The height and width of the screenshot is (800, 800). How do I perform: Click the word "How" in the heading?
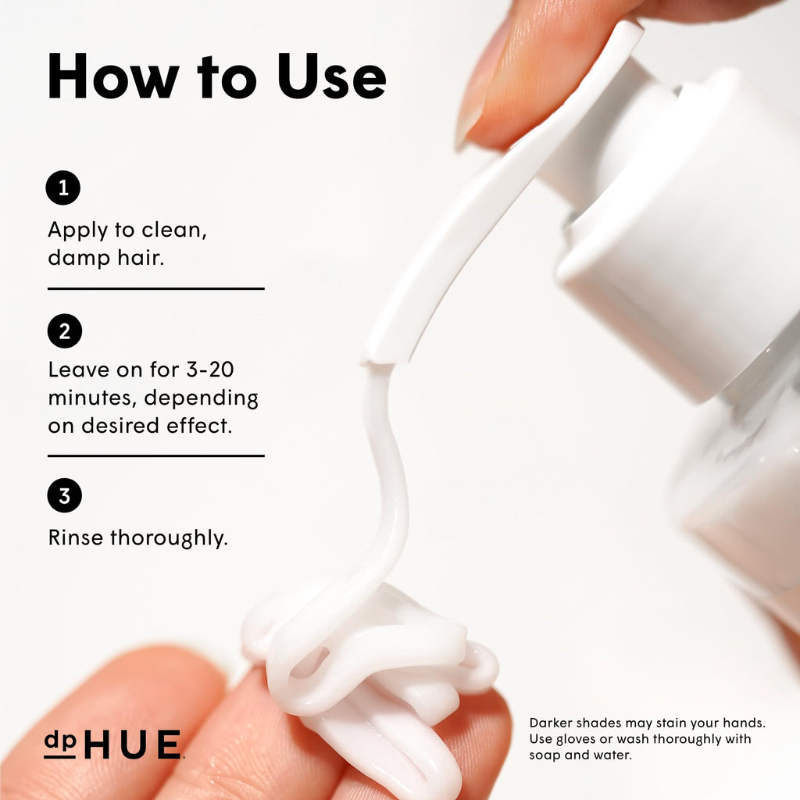click(112, 76)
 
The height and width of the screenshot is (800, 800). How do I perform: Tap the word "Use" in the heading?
click(331, 76)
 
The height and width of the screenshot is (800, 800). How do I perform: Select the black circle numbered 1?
click(63, 187)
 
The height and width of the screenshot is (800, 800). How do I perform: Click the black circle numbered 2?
click(65, 331)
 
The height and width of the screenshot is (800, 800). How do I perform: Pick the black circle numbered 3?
click(65, 495)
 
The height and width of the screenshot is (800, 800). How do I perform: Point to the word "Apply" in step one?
click(78, 231)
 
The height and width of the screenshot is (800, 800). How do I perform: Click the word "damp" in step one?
click(79, 258)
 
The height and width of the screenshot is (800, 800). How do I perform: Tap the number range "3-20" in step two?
click(209, 370)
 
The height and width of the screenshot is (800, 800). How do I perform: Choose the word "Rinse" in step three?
click(76, 537)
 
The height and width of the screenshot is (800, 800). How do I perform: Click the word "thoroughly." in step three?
click(169, 539)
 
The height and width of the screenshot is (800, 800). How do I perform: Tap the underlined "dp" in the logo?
click(59, 744)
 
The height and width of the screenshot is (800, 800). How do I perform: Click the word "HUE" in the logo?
click(132, 745)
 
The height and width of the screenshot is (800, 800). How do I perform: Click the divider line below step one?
click(156, 289)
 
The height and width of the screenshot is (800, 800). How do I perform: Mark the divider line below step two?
click(156, 455)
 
